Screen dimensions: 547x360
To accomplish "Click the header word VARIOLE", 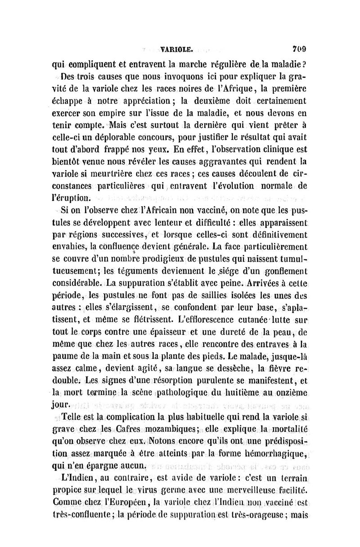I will point(177,45).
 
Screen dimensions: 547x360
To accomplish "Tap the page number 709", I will point(298,45).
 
